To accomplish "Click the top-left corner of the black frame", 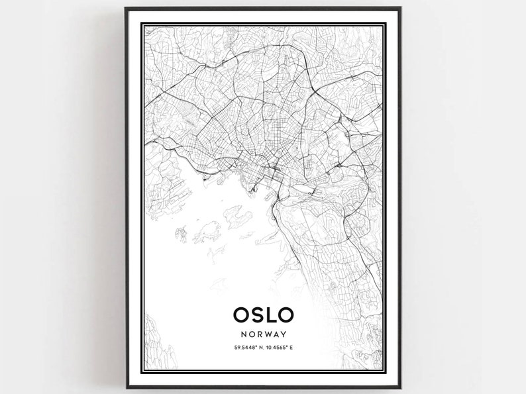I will pos(126,8).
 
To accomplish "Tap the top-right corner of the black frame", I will pos(401,8).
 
